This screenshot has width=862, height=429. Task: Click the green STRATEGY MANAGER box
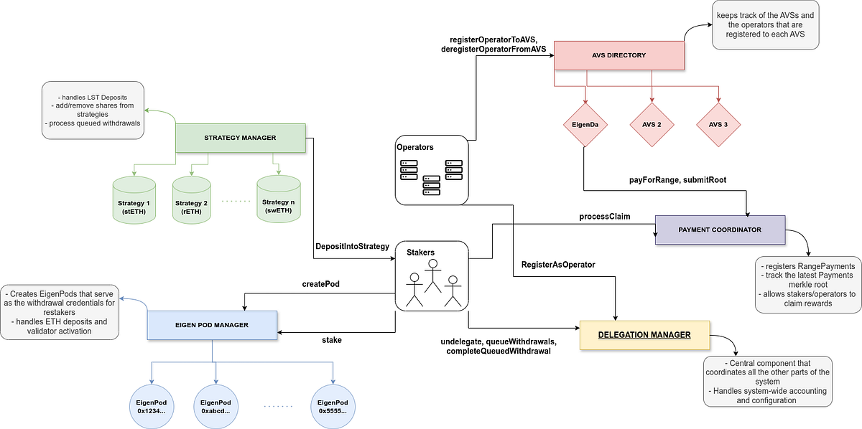[240, 138]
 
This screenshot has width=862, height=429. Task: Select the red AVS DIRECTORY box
[618, 55]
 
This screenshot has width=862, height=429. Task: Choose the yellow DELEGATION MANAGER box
[644, 335]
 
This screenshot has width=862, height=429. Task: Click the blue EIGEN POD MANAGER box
[213, 325]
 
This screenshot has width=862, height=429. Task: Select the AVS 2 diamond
[652, 124]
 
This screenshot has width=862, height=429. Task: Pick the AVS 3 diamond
[718, 124]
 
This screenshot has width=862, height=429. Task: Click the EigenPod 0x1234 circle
[151, 406]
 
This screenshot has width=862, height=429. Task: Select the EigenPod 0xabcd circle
[216, 406]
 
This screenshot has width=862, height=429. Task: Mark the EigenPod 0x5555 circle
[333, 406]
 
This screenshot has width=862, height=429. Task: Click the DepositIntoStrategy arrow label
[352, 246]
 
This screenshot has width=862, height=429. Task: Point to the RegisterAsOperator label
[558, 265]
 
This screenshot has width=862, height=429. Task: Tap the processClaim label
[604, 216]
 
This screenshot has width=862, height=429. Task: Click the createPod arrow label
[320, 284]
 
